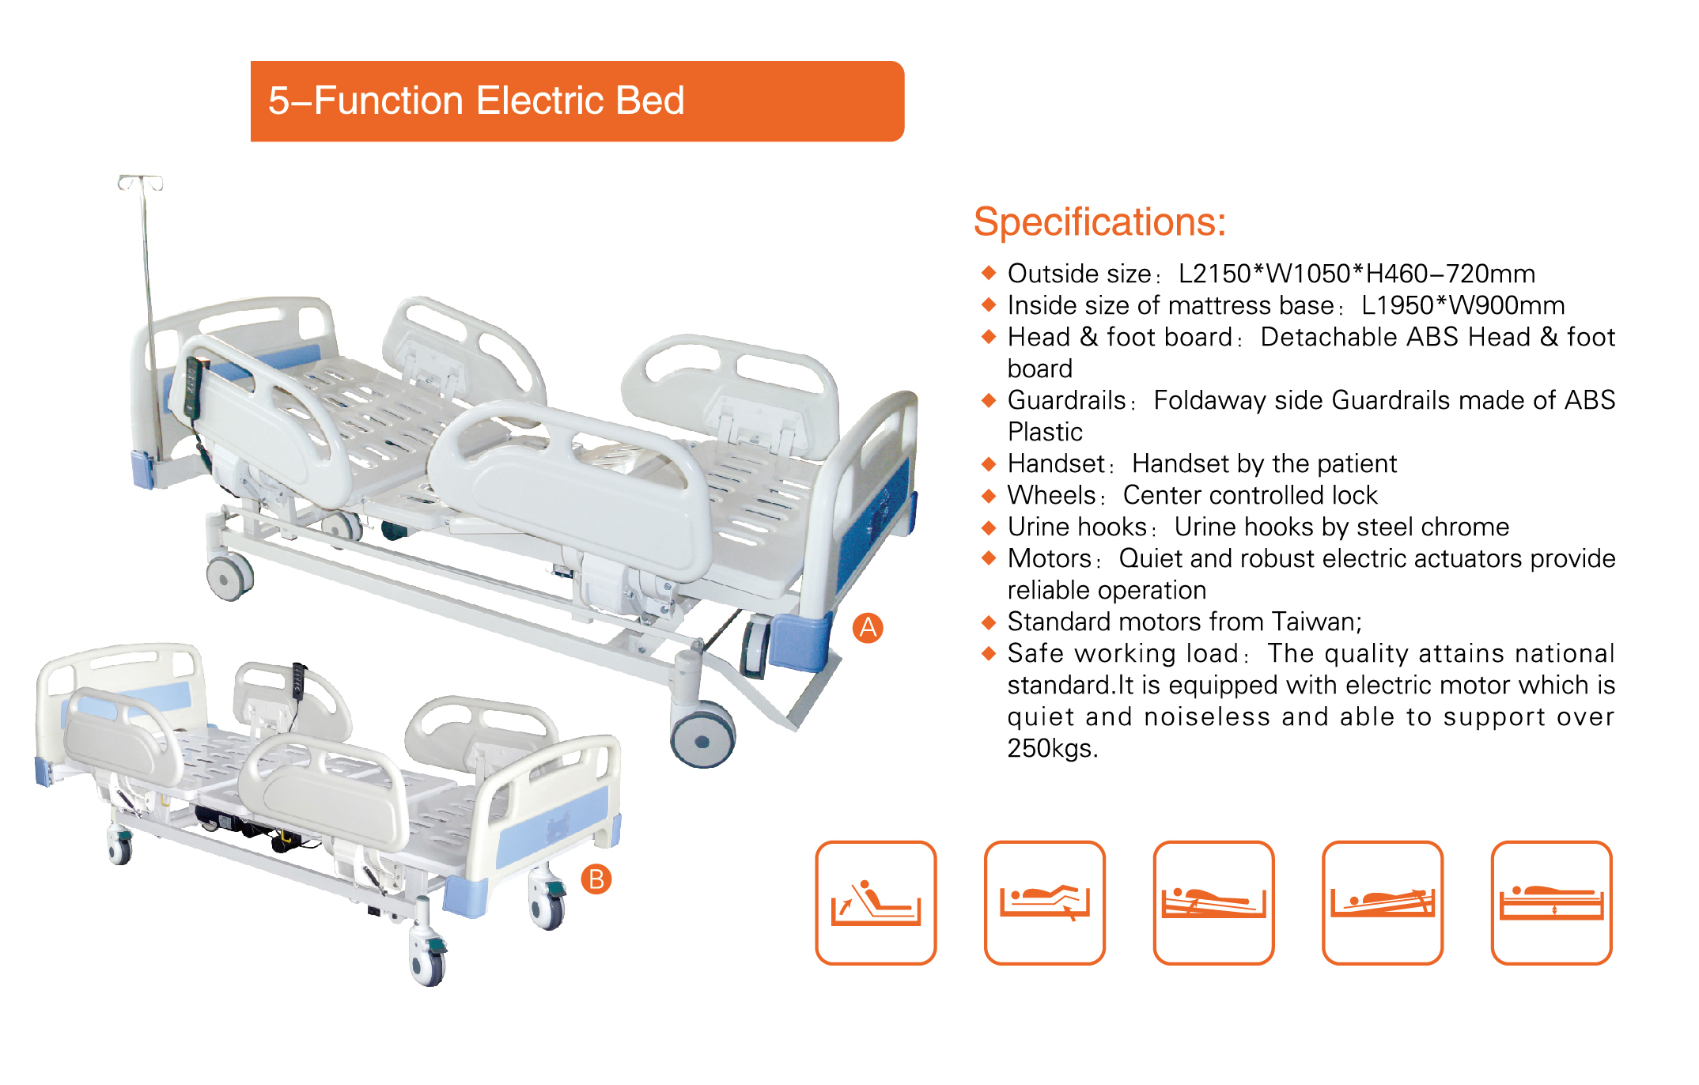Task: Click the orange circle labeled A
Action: tap(868, 628)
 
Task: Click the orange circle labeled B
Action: tap(596, 879)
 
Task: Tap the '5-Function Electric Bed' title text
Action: tap(476, 101)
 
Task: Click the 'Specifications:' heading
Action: tap(1099, 222)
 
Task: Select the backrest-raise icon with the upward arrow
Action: tap(876, 902)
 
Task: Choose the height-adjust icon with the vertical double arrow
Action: tap(1551, 902)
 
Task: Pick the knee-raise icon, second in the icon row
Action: tap(1044, 902)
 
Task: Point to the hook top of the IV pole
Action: tap(141, 183)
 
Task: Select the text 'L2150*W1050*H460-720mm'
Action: tap(1357, 274)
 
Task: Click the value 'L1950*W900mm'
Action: tap(1463, 305)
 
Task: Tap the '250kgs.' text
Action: tap(1052, 748)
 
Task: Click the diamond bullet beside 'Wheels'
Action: tap(989, 495)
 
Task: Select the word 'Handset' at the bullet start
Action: tap(1056, 463)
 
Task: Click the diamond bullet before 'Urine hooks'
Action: tap(989, 527)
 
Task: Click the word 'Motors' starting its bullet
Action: tap(1050, 558)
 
